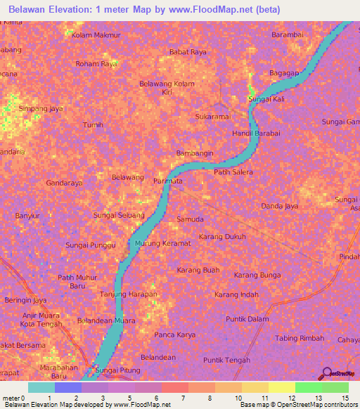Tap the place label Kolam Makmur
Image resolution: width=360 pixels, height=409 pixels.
pos(96,34)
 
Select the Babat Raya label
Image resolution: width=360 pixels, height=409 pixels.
pos(188,52)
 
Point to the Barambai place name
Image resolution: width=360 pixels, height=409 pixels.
pos(287,34)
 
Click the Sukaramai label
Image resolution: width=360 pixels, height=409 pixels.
pos(213,115)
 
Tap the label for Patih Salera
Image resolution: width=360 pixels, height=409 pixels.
pos(233,171)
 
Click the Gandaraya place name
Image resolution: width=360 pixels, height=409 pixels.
pos(64,183)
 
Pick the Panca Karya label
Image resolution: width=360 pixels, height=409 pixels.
pos(175,335)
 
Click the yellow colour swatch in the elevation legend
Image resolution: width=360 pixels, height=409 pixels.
pos(281,387)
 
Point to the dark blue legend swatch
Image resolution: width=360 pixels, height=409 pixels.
pos(68,387)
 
